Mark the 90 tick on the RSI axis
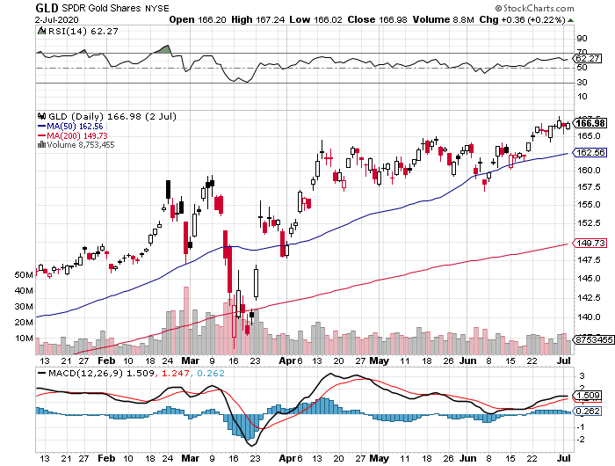581,39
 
